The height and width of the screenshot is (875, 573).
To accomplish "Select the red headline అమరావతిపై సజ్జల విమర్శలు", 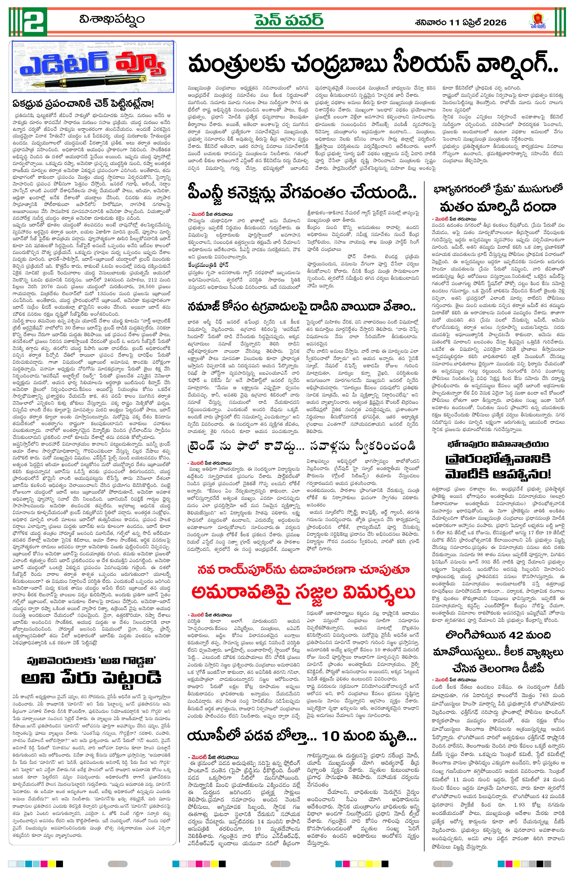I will (x=303, y=592).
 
